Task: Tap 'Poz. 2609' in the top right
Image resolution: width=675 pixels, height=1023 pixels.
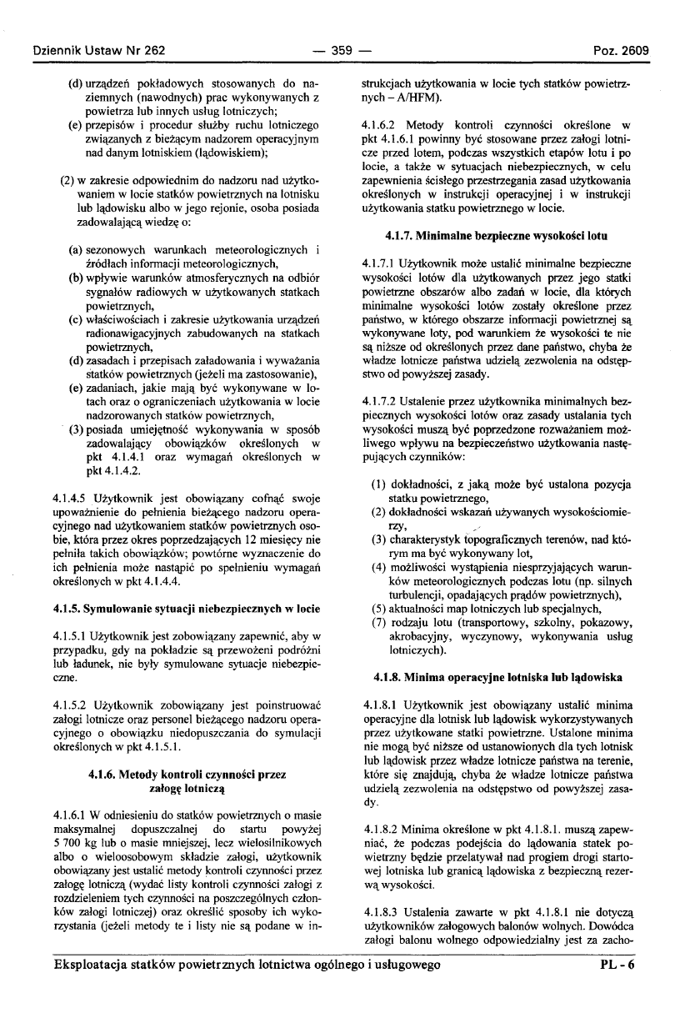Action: click(621, 50)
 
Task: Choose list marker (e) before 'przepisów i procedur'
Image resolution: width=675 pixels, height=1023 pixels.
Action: click(74, 118)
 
